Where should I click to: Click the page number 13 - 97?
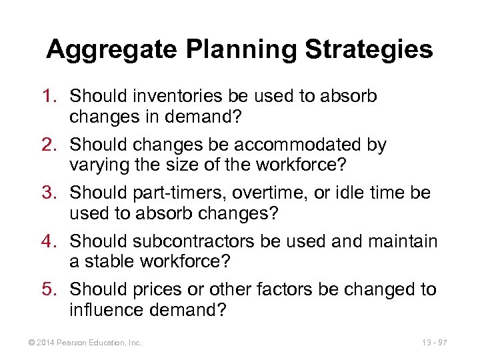[434, 343]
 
